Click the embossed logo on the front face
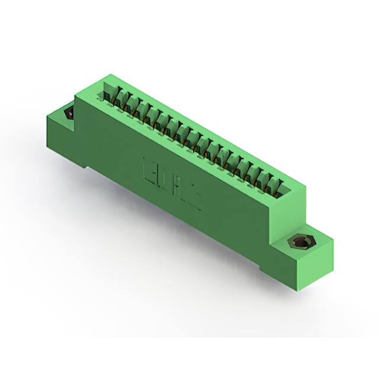[x=172, y=180]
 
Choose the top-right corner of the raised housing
[x=306, y=184]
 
